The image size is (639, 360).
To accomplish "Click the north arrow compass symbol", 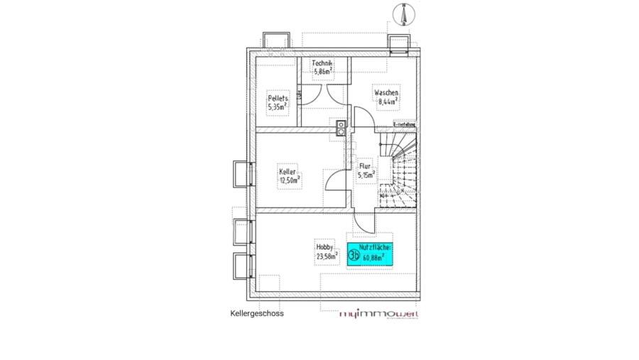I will (x=403, y=14).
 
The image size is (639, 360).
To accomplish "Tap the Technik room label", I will (x=322, y=63).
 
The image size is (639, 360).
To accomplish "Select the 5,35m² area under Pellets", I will (x=277, y=107).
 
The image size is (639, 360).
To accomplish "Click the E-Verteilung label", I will (x=404, y=124).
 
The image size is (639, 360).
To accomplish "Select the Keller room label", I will (x=288, y=172).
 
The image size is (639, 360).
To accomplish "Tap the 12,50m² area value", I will (x=289, y=180).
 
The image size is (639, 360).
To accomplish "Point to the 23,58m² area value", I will (x=326, y=256).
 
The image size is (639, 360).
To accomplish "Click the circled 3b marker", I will (x=354, y=253).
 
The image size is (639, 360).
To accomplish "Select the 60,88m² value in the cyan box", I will (x=373, y=258).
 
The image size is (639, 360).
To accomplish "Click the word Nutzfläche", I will (x=376, y=247).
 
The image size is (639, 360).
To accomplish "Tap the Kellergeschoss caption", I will (x=256, y=313).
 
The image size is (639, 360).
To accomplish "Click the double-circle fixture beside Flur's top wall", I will (x=342, y=127).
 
